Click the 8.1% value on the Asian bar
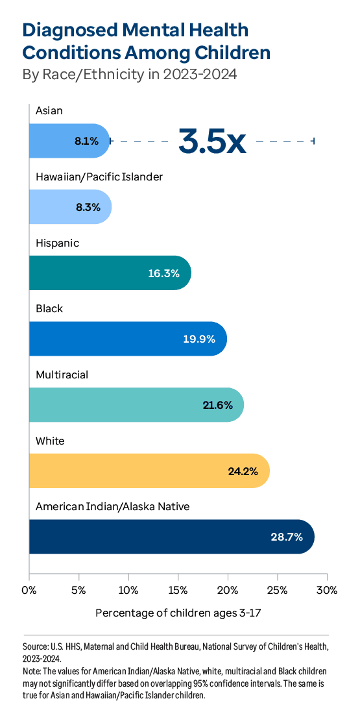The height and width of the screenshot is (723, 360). (86, 141)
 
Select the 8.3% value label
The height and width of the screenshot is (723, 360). (88, 207)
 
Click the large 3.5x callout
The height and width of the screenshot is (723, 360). (212, 141)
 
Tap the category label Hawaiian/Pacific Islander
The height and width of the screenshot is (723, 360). (99, 177)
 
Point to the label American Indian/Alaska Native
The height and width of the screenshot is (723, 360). (112, 506)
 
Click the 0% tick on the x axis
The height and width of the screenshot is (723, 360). (29, 590)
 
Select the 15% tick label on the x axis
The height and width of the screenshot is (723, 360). (178, 590)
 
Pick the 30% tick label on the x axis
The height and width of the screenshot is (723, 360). (326, 590)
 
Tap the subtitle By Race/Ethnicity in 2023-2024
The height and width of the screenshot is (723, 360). (130, 75)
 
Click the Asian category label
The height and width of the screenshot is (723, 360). (49, 110)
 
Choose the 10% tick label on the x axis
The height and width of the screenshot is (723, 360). (128, 590)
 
